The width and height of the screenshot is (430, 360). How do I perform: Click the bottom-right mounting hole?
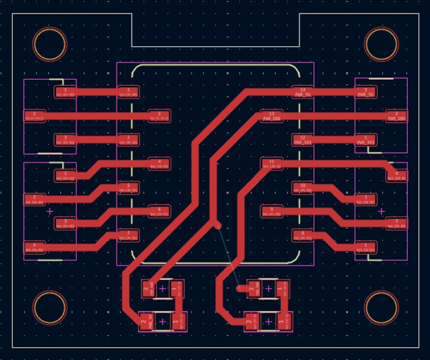[x=381, y=307]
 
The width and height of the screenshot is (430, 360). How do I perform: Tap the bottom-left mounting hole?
[x=49, y=307]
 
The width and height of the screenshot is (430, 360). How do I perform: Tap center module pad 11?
[x=272, y=163]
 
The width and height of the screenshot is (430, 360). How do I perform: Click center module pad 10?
[x=302, y=187]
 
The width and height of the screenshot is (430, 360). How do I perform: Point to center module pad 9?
[x=272, y=211]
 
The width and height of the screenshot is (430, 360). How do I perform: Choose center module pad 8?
[x=302, y=235]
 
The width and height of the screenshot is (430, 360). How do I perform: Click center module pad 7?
[x=128, y=235]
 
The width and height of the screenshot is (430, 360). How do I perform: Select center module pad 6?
[x=159, y=211]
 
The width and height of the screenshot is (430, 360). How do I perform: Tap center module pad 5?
[x=128, y=187]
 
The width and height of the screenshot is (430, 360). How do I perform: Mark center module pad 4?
[x=159, y=163]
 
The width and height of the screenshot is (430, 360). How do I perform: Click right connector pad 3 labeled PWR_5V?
[x=366, y=92]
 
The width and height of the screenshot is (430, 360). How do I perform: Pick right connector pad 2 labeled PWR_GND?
[x=397, y=115]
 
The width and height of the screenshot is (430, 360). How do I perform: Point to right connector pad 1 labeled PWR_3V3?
[x=366, y=139]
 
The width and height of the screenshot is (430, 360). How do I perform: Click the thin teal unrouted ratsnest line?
[x=229, y=257]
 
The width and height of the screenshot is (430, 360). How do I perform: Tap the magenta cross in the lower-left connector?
[x=50, y=211]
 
